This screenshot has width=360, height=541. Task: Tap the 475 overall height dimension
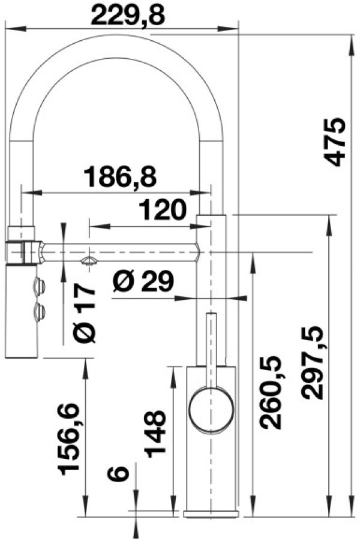(334, 142)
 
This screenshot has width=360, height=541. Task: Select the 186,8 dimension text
(121, 176)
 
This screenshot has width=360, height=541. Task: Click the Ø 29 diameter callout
(143, 281)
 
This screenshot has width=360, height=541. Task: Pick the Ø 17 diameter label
(85, 314)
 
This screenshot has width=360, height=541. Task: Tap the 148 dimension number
(155, 434)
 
